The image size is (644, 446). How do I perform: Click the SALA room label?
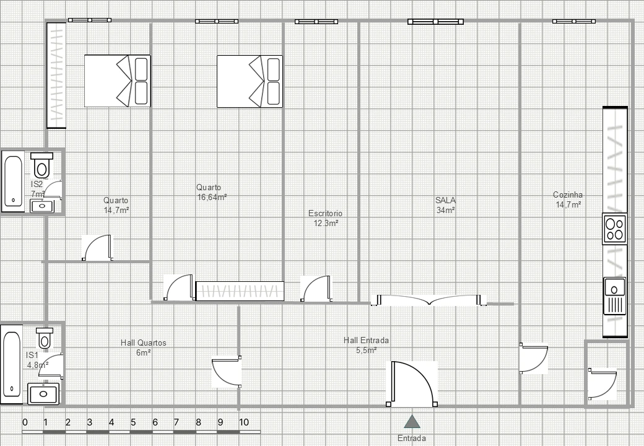(446, 201)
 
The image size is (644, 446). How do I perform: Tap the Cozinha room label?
(568, 195)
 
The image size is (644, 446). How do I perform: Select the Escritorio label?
(325, 214)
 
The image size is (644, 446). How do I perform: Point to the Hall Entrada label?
(366, 341)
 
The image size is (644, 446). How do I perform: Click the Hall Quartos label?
(143, 343)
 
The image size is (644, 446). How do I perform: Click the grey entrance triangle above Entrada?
(412, 422)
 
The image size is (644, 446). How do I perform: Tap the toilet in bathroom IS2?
(41, 165)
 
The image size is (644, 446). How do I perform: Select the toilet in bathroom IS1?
(45, 338)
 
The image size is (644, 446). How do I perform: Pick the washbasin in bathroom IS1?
(43, 394)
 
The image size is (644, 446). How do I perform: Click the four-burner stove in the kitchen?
(615, 229)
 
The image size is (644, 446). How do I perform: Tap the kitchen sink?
(614, 295)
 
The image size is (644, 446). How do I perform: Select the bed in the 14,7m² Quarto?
(118, 81)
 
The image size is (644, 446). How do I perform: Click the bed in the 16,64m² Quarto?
(250, 81)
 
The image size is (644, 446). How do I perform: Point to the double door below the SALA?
(429, 300)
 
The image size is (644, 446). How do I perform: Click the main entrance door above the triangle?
(412, 384)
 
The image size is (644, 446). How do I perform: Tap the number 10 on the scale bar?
(244, 422)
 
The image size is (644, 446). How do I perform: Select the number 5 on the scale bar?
(133, 422)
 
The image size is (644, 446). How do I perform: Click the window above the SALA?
(436, 22)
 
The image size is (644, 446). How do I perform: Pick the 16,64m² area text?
(212, 197)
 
